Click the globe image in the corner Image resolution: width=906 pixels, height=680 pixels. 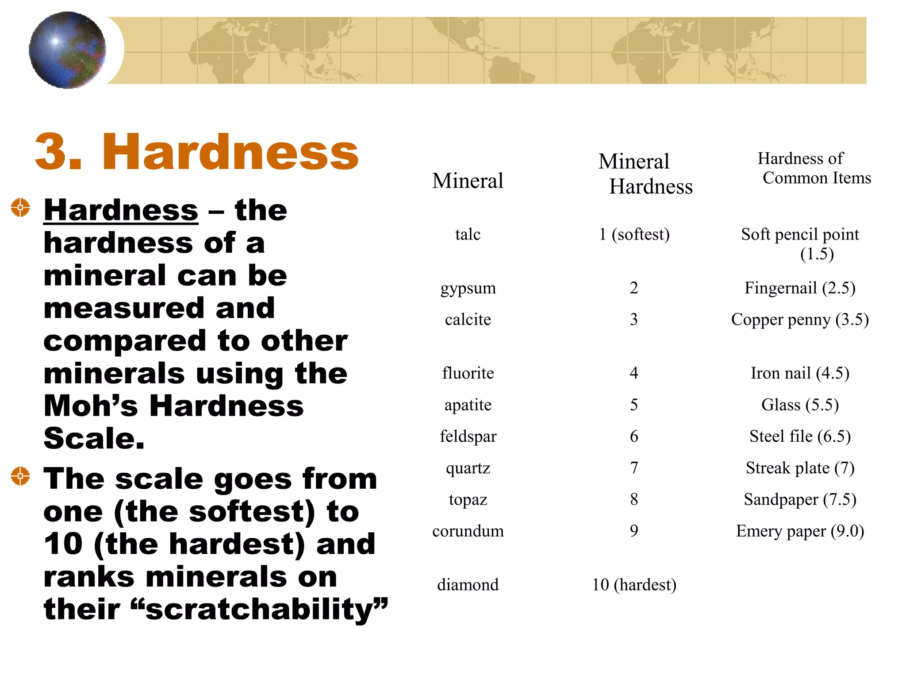67,50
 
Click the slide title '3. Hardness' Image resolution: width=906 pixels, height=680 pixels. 196,152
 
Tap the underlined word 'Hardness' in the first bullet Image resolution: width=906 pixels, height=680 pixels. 121,210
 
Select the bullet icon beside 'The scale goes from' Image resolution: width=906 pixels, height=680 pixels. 20,476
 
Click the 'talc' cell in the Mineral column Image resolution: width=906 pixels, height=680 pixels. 468,234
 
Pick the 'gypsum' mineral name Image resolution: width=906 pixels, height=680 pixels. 468,288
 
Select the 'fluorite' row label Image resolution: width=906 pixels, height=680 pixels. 468,373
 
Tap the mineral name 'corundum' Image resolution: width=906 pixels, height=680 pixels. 468,531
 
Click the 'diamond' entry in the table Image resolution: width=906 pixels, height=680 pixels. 468,585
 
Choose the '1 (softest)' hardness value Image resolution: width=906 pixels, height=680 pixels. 634,234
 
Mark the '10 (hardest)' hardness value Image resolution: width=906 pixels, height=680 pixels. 634,585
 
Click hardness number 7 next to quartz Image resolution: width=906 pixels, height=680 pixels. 634,468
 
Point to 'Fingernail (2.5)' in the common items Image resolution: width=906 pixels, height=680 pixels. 800,288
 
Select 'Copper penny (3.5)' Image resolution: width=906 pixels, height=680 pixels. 800,320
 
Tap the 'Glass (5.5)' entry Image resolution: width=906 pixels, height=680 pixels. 800,405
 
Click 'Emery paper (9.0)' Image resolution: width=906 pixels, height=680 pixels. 800,531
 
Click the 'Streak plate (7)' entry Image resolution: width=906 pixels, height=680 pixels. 800,468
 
